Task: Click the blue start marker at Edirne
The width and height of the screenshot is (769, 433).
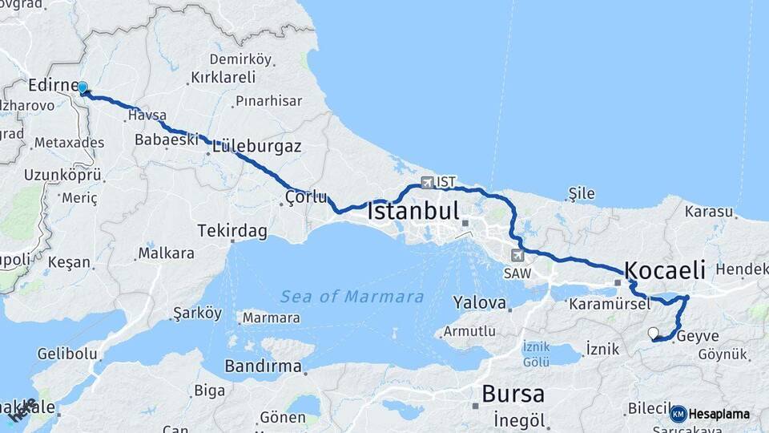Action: pos(83,87)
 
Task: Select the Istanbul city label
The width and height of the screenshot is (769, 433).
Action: pos(413,212)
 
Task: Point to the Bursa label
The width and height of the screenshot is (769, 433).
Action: pos(513,395)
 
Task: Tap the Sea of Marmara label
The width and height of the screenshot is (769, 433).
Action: pos(352,297)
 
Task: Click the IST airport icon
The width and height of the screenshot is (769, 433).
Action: pos(426,182)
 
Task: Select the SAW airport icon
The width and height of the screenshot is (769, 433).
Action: pos(517,256)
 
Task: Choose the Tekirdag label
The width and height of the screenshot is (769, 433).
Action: pos(232,231)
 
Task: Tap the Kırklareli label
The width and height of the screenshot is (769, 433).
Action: pos(223,78)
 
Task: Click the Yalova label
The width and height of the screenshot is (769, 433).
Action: pos(480,303)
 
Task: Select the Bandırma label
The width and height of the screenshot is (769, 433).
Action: pos(263,367)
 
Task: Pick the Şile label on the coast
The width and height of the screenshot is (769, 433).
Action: pos(582,192)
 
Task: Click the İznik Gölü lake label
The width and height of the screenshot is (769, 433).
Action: pos(536,352)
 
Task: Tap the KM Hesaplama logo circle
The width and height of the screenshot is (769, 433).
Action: pos(678,414)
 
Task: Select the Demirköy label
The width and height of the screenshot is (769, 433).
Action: pos(241,59)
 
